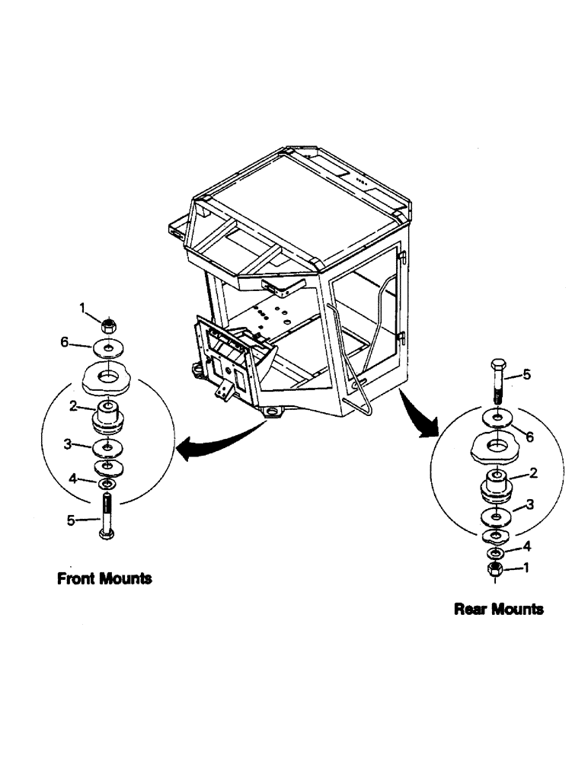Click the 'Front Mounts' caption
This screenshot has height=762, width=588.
(104, 578)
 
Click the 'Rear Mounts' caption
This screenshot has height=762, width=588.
(498, 609)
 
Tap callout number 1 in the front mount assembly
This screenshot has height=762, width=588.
(84, 307)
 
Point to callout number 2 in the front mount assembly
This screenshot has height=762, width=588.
(73, 407)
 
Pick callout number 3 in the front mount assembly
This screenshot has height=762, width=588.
(68, 443)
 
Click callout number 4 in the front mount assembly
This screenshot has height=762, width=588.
(73, 479)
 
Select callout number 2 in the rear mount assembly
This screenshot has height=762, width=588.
(534, 472)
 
